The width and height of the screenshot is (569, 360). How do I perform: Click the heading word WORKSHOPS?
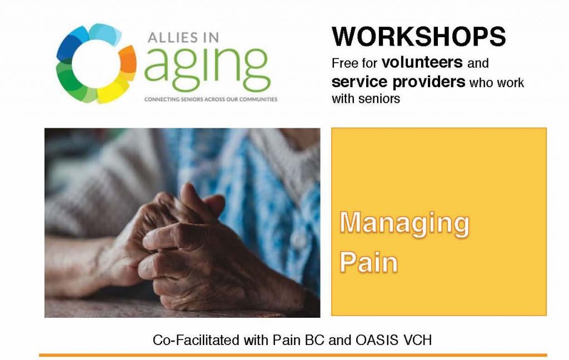click(419, 36)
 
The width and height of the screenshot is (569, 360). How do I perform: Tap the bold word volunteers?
click(422, 62)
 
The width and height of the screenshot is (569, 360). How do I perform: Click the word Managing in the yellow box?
click(405, 224)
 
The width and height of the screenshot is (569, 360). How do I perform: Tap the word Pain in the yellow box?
click(369, 262)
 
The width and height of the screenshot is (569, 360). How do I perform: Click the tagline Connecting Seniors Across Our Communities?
click(211, 99)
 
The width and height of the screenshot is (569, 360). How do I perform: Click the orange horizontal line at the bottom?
click(293, 356)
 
